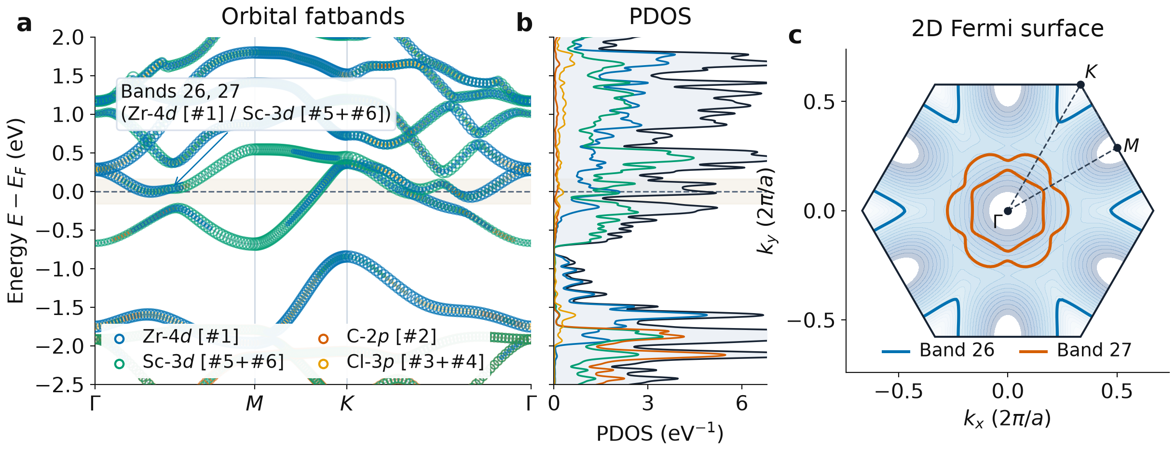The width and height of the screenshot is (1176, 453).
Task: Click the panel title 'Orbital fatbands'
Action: coord(313,17)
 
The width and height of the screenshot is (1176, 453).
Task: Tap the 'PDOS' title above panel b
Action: coord(660,17)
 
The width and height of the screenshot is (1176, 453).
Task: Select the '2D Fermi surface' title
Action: coord(1007,29)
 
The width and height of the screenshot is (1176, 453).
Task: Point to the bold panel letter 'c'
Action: coord(794,36)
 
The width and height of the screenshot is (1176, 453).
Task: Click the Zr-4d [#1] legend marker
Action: coord(119,339)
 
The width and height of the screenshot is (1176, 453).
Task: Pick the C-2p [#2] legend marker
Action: coord(323,339)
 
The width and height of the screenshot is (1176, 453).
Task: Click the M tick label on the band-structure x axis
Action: coord(255,403)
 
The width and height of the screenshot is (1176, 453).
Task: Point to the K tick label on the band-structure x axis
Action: coord(347,403)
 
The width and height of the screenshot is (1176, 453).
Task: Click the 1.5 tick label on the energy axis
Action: coord(68,76)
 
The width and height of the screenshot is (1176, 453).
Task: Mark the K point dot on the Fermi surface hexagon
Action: coord(1080,85)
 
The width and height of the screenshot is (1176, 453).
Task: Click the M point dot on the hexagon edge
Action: coord(1117,148)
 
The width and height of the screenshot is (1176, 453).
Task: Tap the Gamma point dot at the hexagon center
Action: coord(1008,211)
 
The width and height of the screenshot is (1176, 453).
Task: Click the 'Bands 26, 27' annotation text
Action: coord(180,91)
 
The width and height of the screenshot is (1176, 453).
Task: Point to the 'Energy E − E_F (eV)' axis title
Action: coord(16,211)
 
